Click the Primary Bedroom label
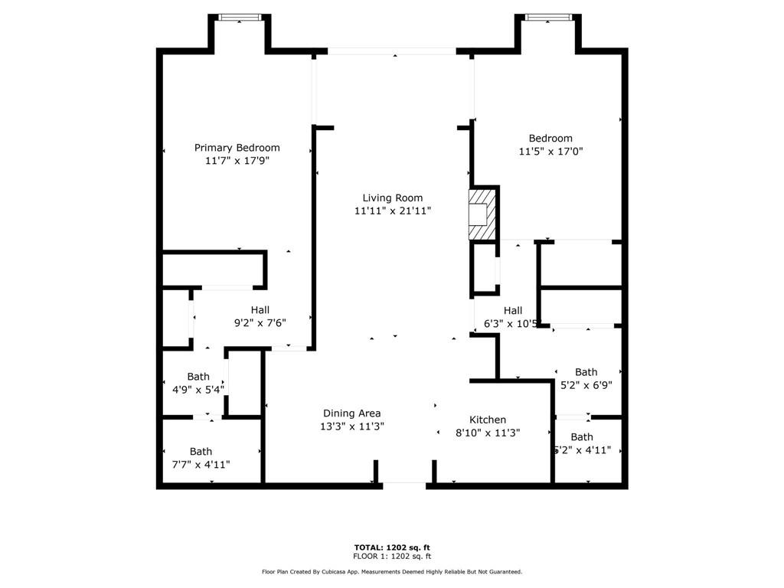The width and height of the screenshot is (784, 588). (237, 148)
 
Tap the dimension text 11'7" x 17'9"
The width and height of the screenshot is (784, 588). (237, 161)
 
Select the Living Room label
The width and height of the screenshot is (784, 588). (392, 198)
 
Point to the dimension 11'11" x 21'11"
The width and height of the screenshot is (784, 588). (392, 211)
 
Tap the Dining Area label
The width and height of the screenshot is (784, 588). (351, 413)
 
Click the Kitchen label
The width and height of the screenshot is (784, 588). (488, 420)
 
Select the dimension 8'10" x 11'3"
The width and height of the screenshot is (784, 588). (488, 433)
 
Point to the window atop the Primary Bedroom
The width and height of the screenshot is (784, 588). (240, 17)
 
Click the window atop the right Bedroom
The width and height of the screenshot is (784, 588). (548, 17)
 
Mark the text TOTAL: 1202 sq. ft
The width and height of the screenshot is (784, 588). (391, 547)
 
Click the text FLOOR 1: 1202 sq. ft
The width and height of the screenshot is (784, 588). (391, 556)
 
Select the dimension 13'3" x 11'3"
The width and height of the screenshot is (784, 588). (351, 426)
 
